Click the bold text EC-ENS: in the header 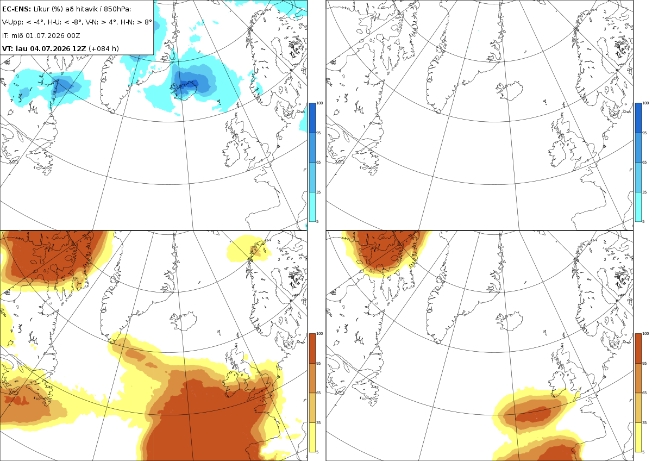pyautogui.click(x=16, y=9)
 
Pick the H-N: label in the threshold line pyautogui.click(x=127, y=22)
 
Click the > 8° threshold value pyautogui.click(x=144, y=22)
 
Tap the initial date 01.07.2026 pyautogui.click(x=44, y=35)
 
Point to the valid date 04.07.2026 pyautogui.click(x=50, y=48)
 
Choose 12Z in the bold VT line pyautogui.click(x=79, y=48)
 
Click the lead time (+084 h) pyautogui.click(x=104, y=48)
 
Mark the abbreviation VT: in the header pyautogui.click(x=8, y=48)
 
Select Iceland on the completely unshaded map pyautogui.click(x=510, y=90)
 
